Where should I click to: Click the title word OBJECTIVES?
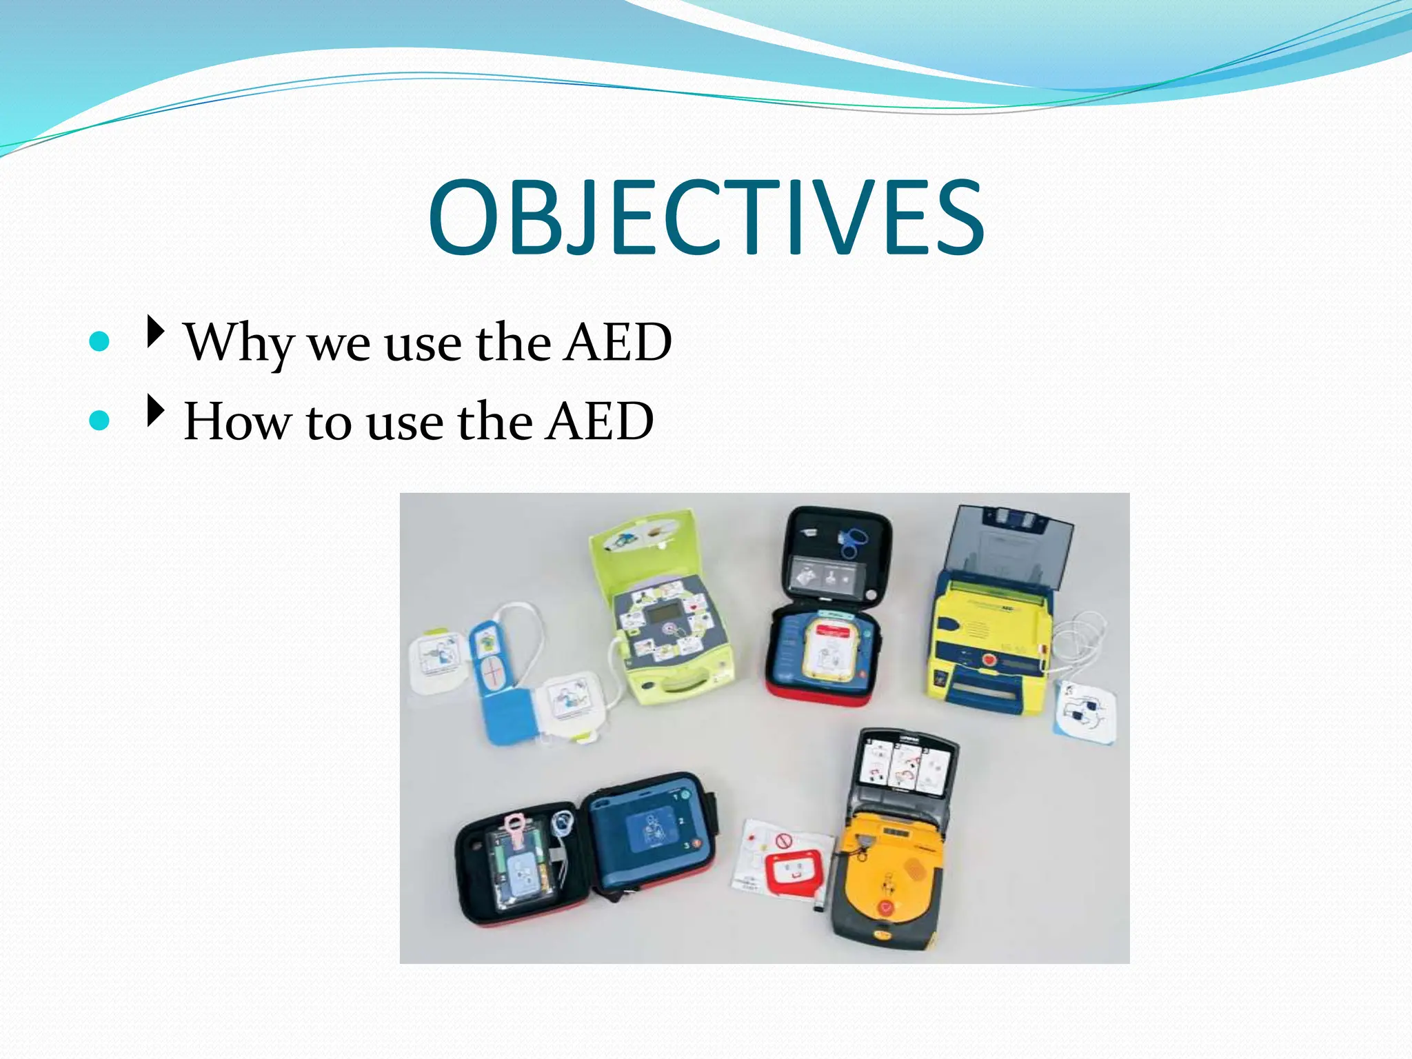click(706, 217)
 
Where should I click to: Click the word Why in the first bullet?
click(237, 342)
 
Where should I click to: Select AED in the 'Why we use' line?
click(617, 342)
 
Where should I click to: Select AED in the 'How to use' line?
click(600, 421)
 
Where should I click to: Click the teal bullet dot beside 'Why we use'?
click(100, 341)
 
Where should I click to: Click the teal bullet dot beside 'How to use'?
click(100, 420)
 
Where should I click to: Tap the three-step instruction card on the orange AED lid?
click(905, 766)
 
